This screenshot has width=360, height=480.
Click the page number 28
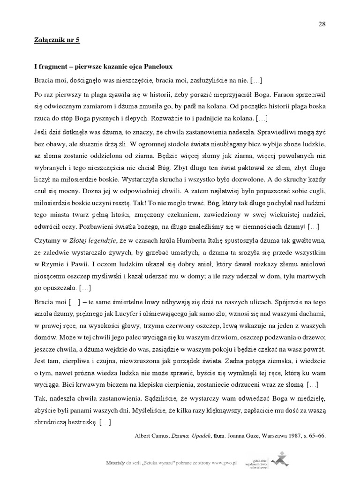click(322, 25)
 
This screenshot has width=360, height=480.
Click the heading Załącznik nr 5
click(57, 40)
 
